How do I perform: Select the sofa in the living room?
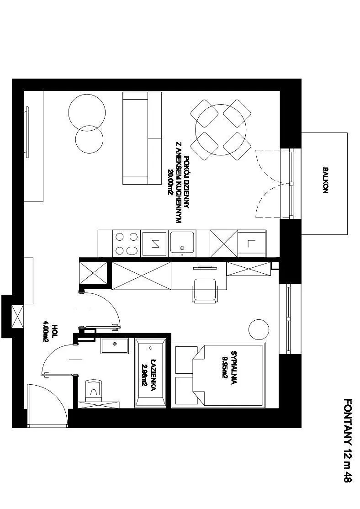point(142,138)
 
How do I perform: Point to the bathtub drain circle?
point(151,348)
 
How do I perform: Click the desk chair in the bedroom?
point(205,290)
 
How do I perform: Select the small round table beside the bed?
point(259,329)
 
